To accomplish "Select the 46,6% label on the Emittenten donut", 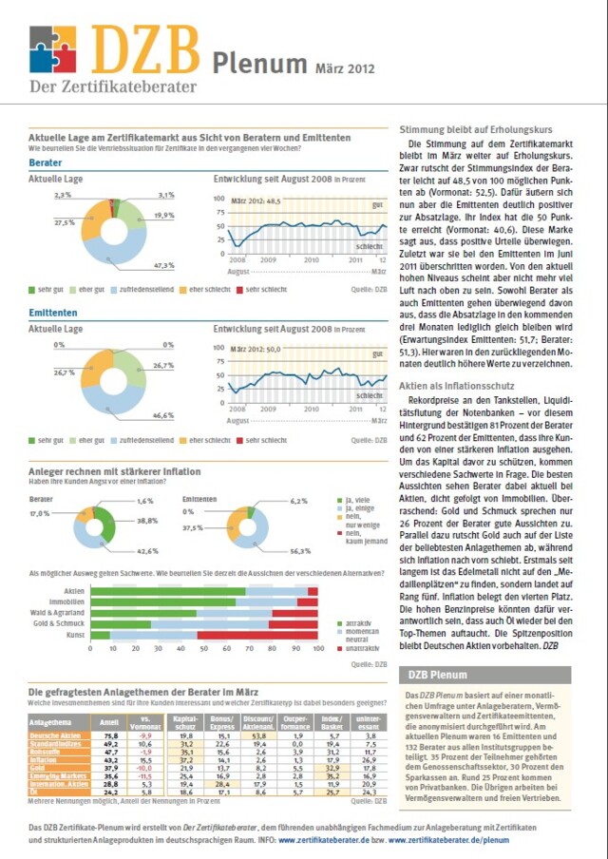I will [163, 415].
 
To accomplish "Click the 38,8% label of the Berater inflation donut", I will [146, 521].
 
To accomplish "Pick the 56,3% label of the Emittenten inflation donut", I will [301, 550].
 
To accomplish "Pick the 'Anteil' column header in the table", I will [109, 723].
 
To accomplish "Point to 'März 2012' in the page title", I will [345, 68].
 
